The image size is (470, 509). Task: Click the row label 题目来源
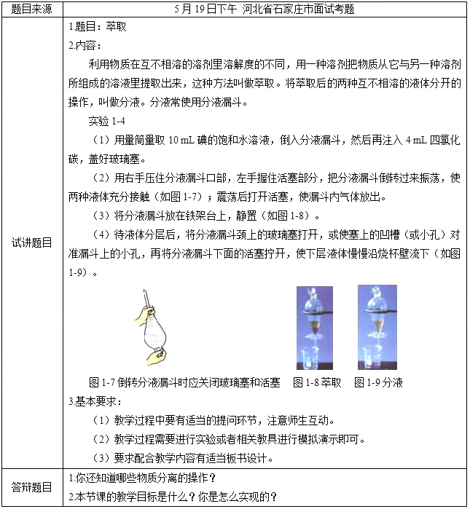pos(32,9)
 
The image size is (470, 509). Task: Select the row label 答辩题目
pos(32,487)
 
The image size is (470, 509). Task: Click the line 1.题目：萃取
pos(98,27)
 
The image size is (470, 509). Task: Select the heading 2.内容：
pos(85,45)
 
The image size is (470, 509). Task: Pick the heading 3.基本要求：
pos(95,401)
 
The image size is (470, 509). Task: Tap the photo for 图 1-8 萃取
pos(314,328)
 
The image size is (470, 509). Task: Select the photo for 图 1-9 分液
pos(377,328)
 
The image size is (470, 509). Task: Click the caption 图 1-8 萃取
pos(317,382)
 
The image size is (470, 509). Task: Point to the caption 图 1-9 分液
pos(379,382)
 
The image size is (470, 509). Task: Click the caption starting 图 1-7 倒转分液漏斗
pos(184,382)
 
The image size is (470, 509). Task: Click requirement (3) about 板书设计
pos(184,458)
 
